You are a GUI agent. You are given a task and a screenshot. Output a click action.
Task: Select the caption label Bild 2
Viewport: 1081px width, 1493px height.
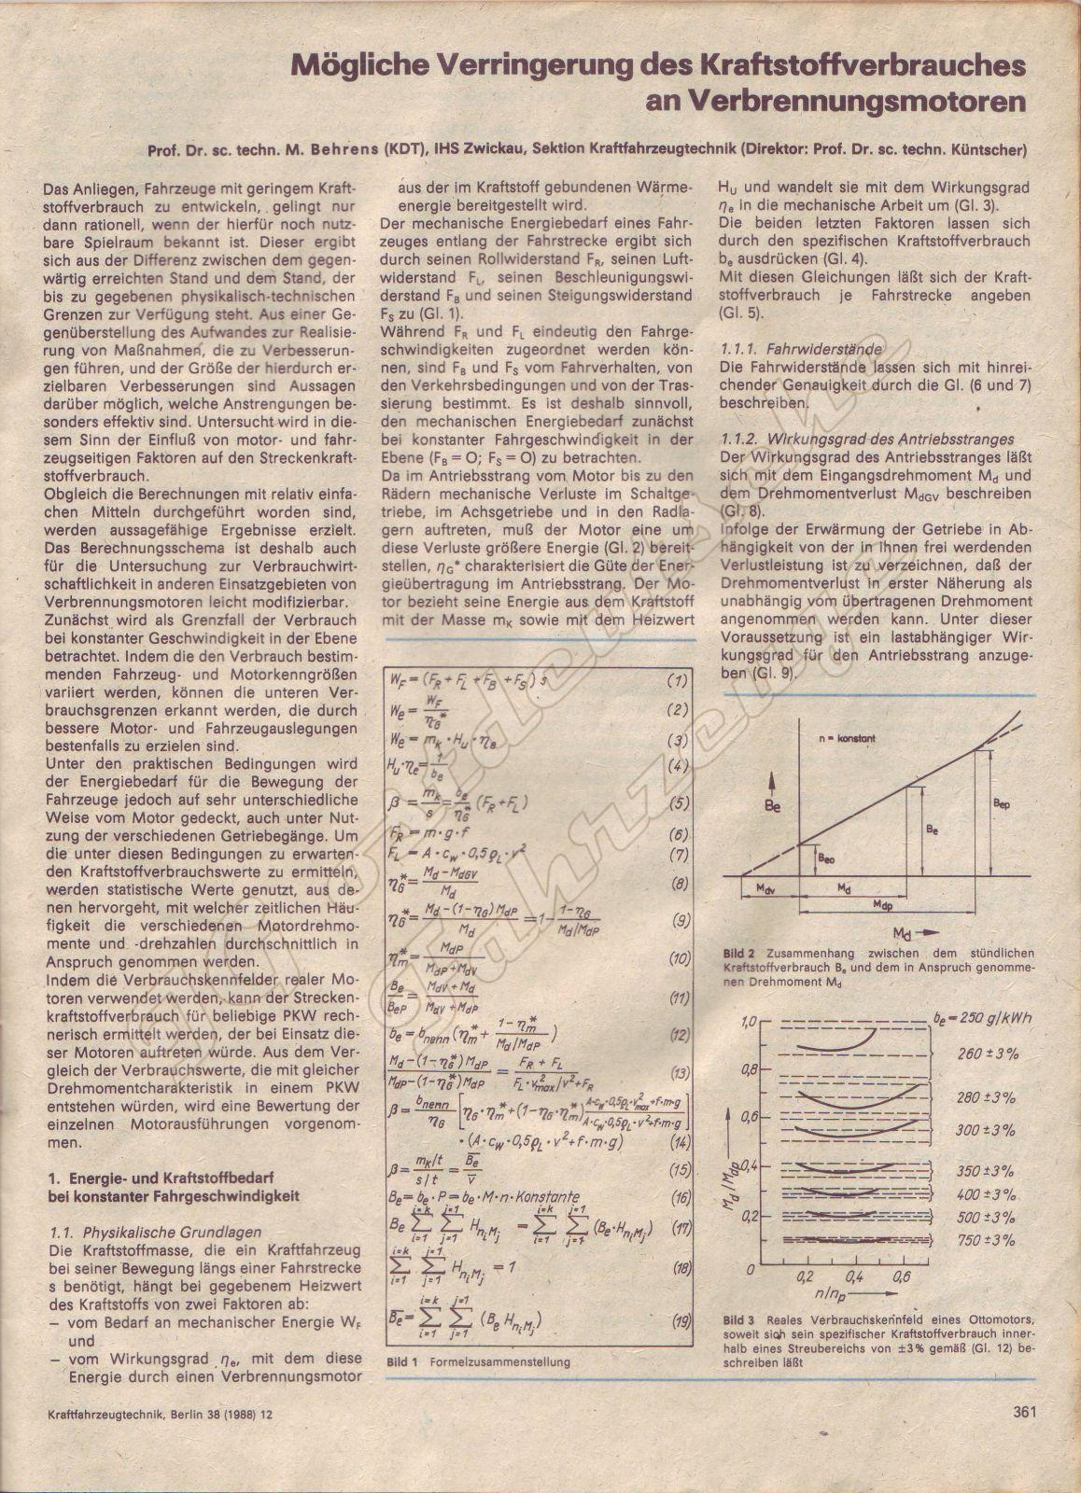(x=737, y=954)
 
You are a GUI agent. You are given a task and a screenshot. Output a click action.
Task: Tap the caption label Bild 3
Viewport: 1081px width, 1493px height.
(x=737, y=1321)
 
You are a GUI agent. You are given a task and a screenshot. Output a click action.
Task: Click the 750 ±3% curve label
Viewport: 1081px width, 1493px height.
(x=985, y=1240)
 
